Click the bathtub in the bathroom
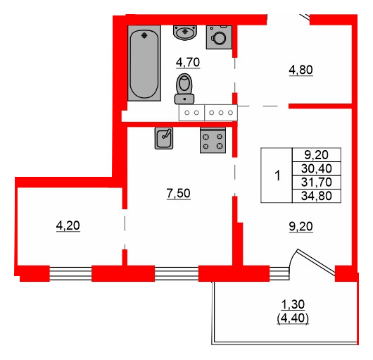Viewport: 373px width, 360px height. click(x=145, y=63)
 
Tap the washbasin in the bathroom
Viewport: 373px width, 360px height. click(x=185, y=32)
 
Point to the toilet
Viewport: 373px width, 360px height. click(x=185, y=87)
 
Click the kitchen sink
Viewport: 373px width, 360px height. click(x=164, y=137)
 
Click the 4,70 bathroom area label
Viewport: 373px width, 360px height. click(x=188, y=62)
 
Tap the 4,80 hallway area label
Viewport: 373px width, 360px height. click(x=301, y=70)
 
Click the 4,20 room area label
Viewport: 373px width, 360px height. click(x=68, y=226)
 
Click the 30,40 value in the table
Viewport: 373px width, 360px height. click(x=318, y=168)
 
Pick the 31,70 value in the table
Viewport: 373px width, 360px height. click(x=318, y=182)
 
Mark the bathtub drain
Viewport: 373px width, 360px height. click(x=145, y=34)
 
